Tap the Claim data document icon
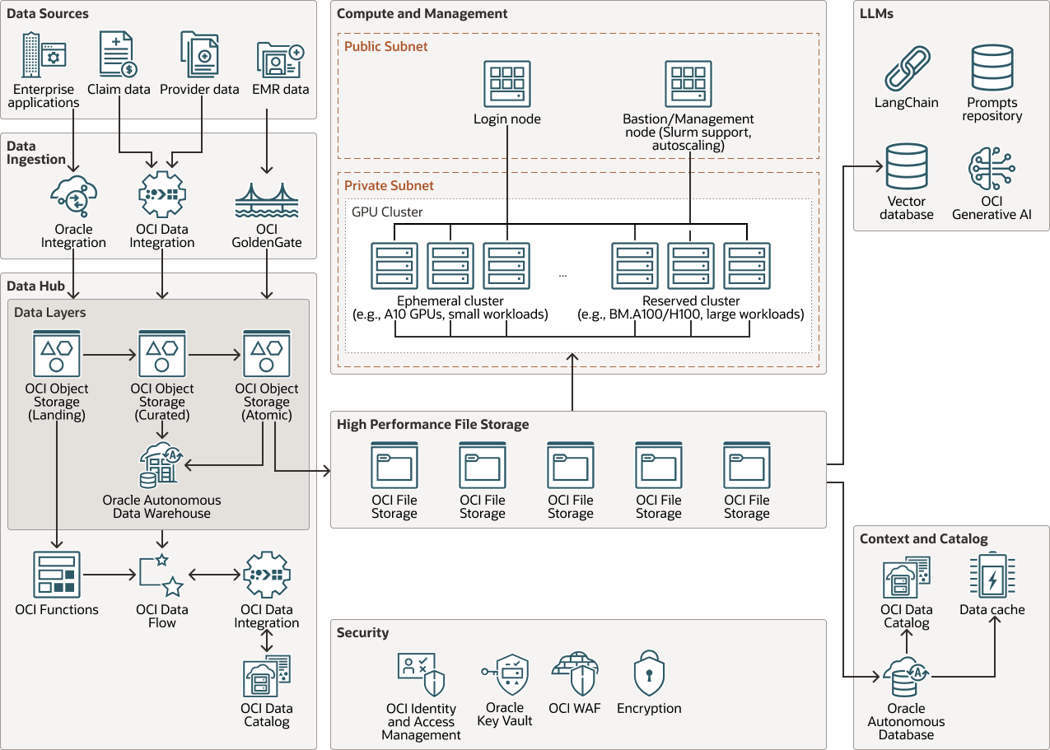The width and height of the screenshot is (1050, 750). (118, 55)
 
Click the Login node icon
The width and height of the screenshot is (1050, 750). (506, 84)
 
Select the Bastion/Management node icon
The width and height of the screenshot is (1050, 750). (688, 84)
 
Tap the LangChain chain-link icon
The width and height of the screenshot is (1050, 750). (907, 68)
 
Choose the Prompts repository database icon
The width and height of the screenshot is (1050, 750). (992, 68)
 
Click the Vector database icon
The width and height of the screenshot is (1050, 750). (907, 167)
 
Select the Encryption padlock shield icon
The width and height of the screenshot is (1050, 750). (649, 675)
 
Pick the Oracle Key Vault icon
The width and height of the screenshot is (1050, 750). (504, 675)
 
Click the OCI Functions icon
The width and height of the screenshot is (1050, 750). (57, 575)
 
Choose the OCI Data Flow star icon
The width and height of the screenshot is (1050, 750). (161, 575)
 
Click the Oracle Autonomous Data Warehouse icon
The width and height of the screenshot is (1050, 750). (161, 466)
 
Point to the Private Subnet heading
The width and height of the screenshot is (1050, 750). (389, 186)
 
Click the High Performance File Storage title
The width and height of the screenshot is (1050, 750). (432, 425)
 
